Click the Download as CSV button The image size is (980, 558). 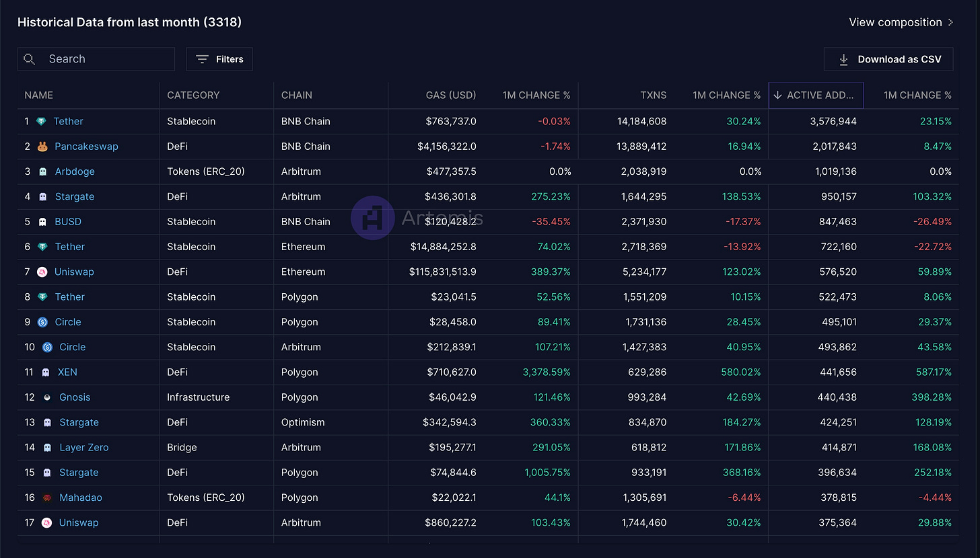point(888,59)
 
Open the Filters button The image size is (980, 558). point(219,59)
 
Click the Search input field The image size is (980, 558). point(96,59)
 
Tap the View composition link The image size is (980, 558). point(901,22)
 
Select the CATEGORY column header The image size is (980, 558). point(193,95)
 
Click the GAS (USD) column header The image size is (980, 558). point(451,95)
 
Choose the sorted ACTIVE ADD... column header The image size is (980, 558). point(816,95)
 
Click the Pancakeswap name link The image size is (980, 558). point(86,147)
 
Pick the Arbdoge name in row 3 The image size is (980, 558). point(75,171)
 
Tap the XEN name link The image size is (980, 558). point(67,372)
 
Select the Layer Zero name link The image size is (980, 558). point(84,448)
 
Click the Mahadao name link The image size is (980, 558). point(81,497)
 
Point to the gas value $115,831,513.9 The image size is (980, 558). point(442,272)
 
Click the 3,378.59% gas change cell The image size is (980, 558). point(547,372)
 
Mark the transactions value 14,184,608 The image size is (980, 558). point(641,122)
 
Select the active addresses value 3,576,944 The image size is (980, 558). point(833,122)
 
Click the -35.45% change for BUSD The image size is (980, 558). point(551,222)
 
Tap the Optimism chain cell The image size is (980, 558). point(303,423)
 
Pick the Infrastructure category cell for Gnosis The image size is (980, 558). point(198,397)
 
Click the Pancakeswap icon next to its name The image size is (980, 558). point(42,147)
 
